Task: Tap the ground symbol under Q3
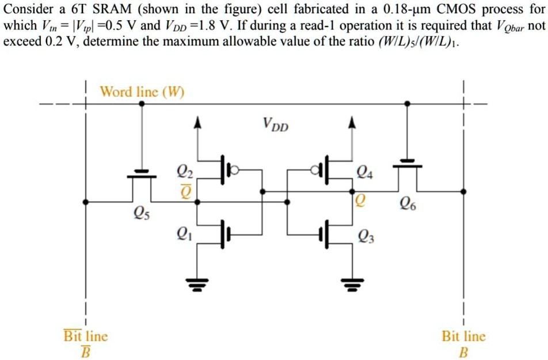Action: point(352,282)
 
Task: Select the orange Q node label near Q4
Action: point(360,199)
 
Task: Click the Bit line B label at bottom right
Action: point(463,343)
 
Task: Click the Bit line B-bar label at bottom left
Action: point(85,343)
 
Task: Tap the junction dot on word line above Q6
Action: point(408,104)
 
